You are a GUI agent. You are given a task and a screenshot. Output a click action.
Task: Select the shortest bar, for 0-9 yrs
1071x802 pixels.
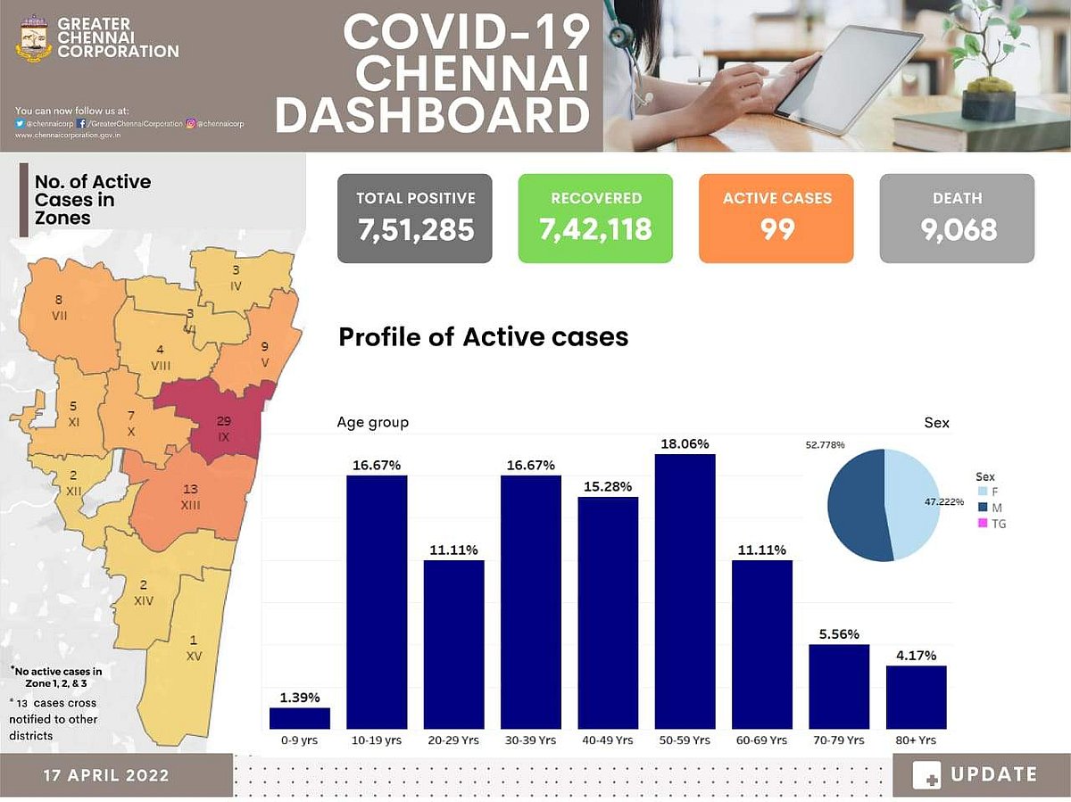(x=300, y=718)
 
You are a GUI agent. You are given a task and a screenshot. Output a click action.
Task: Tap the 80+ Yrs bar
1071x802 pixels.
(x=916, y=697)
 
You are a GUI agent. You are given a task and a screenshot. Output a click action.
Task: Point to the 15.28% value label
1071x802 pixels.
(x=609, y=486)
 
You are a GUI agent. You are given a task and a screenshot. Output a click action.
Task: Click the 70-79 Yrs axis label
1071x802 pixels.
(x=839, y=740)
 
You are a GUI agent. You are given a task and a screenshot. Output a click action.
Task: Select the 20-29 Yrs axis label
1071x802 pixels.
(x=453, y=740)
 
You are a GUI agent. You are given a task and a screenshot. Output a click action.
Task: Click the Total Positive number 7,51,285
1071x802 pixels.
(x=415, y=230)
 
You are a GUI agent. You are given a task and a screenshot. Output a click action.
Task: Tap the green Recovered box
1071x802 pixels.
(x=595, y=219)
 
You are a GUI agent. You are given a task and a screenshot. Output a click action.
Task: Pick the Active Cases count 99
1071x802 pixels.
(x=776, y=230)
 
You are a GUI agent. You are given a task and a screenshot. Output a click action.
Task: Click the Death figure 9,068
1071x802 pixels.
(x=958, y=230)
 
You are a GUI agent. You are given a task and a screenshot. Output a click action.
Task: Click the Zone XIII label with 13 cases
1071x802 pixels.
(x=190, y=497)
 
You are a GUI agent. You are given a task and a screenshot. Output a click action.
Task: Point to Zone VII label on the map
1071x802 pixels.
(x=59, y=308)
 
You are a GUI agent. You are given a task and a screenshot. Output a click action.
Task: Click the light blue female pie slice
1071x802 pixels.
(x=912, y=504)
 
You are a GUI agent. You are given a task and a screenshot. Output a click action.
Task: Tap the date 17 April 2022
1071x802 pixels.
(x=106, y=775)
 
